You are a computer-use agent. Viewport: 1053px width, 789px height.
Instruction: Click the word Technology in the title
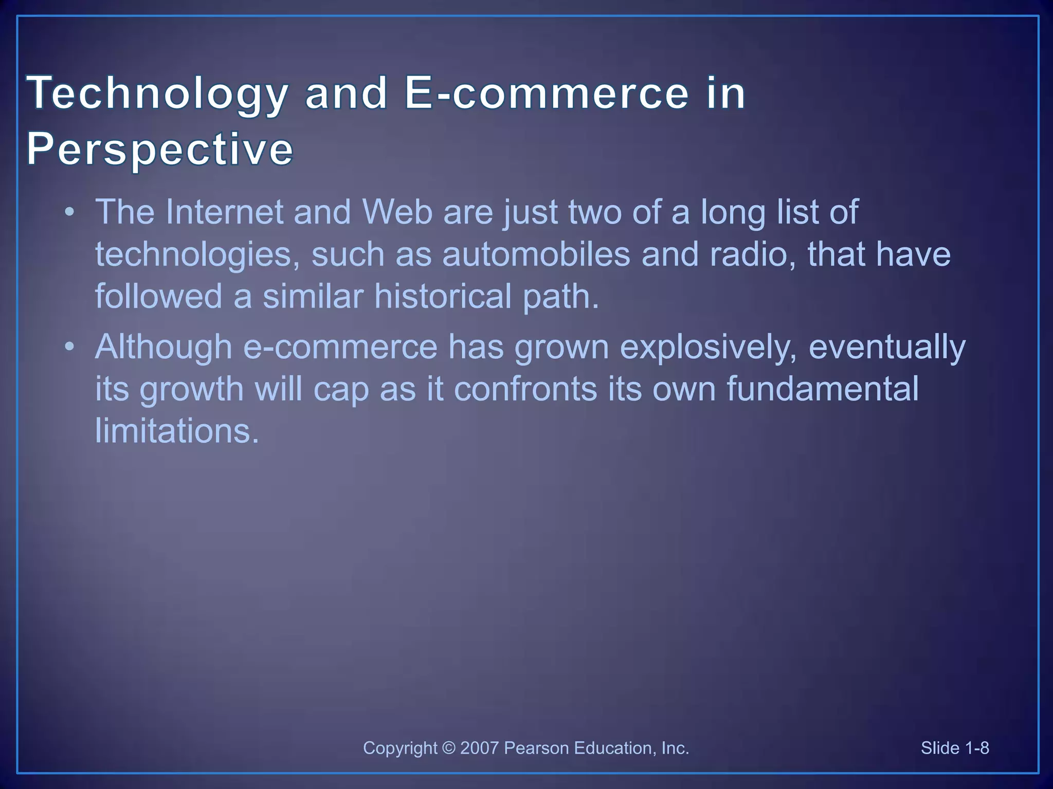click(x=157, y=93)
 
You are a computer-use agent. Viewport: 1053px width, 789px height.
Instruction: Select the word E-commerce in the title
click(x=546, y=93)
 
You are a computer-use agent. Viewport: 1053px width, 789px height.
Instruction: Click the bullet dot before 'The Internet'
click(x=69, y=212)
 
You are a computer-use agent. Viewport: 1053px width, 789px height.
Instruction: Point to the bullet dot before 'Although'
click(x=69, y=347)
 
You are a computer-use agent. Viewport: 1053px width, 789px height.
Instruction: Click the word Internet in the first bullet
click(x=224, y=212)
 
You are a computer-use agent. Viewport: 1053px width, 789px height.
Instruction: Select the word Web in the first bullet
click(x=397, y=212)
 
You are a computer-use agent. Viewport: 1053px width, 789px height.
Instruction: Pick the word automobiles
click(x=536, y=254)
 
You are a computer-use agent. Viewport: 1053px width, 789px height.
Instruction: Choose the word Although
click(x=164, y=347)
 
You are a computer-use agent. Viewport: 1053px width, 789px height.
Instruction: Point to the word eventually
click(x=887, y=347)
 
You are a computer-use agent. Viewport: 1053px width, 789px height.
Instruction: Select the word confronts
click(x=525, y=388)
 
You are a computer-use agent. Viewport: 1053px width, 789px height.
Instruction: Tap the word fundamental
click(x=822, y=388)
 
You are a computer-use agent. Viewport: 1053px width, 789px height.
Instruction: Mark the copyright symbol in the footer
click(x=448, y=748)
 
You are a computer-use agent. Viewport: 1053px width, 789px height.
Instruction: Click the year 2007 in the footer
click(x=479, y=748)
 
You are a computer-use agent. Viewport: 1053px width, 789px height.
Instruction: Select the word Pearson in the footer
click(x=536, y=748)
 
